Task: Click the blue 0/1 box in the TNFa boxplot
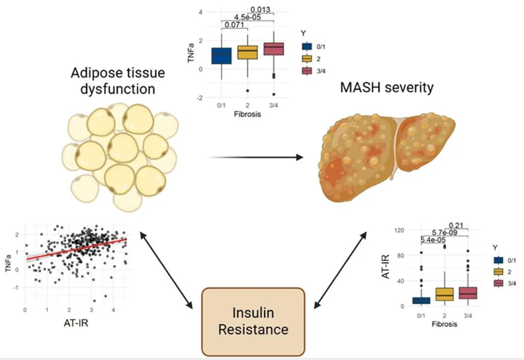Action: pyautogui.click(x=222, y=55)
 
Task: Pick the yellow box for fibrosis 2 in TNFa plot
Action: pyautogui.click(x=248, y=53)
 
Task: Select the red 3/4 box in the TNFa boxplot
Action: pyautogui.click(x=273, y=49)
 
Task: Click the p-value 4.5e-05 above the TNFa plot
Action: pyautogui.click(x=248, y=18)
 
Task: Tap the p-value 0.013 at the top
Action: pyautogui.click(x=261, y=9)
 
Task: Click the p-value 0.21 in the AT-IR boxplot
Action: pyautogui.click(x=445, y=225)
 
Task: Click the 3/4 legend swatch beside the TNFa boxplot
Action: pyautogui.click(x=307, y=71)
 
